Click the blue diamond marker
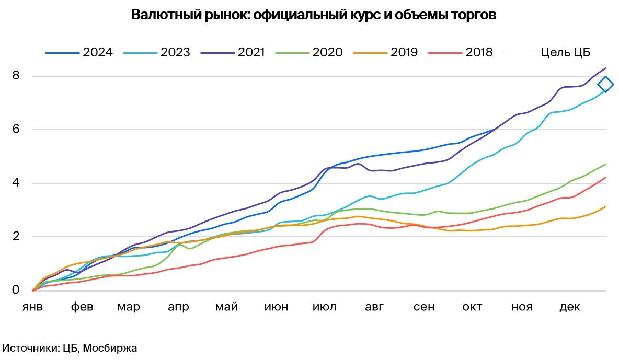coord(605,84)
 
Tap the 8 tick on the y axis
coord(16,76)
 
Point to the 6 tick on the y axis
coord(16,130)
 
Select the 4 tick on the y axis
coord(16,183)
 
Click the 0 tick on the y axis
coord(16,290)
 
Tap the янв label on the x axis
coord(32,307)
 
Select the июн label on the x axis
coord(276,307)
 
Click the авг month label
coord(374,307)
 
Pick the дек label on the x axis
coord(570,307)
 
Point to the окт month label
coord(472,307)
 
